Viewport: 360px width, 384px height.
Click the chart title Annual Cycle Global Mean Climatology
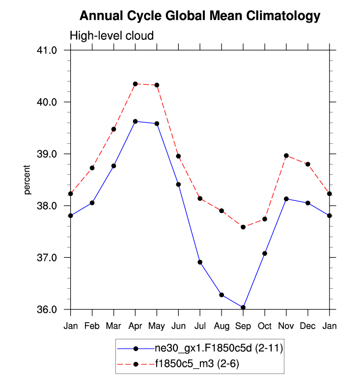click(200, 16)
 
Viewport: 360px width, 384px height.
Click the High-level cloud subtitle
click(112, 36)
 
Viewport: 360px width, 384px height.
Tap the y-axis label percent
click(28, 180)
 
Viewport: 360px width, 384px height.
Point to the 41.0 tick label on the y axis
click(51, 50)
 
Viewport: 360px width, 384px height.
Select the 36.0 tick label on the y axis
click(51, 309)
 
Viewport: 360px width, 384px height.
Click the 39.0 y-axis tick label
click(51, 154)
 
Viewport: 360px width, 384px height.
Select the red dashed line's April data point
click(135, 84)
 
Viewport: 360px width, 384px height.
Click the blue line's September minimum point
click(243, 307)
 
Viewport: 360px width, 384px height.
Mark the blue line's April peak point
click(135, 121)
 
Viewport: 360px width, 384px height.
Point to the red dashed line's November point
click(286, 156)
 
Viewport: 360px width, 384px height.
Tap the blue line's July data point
click(200, 262)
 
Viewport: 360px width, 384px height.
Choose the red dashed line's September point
click(243, 227)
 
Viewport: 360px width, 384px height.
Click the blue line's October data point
click(265, 253)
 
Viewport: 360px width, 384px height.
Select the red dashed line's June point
click(178, 156)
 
